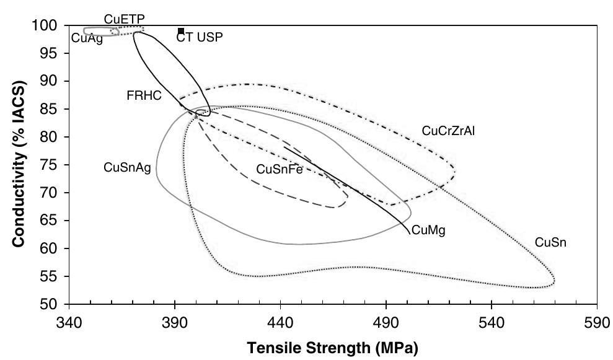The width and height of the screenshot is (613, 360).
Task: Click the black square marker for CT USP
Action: click(x=181, y=30)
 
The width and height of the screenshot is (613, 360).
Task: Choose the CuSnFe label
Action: click(x=279, y=169)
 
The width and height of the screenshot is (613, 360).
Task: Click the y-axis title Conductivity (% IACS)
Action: click(x=20, y=165)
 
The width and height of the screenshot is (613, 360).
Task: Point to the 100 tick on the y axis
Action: click(x=49, y=26)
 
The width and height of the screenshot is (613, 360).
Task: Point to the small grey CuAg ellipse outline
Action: click(x=85, y=31)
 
